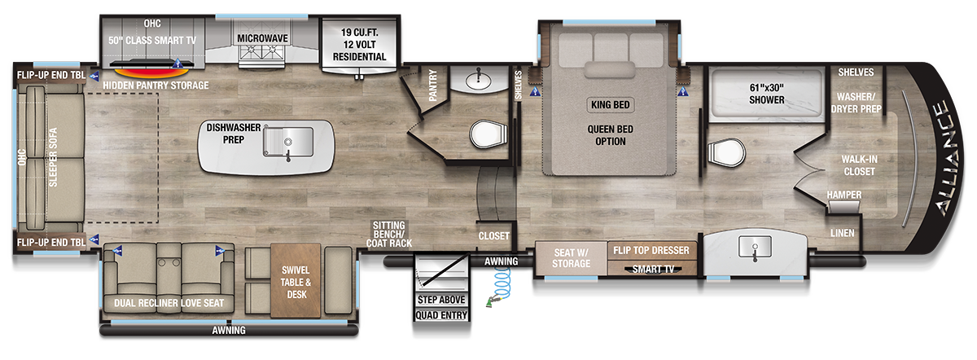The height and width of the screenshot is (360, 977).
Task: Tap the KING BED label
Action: coord(610,105)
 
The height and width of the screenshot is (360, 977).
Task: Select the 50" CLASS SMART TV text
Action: coord(152,38)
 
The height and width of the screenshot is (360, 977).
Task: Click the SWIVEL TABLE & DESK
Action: coord(296,282)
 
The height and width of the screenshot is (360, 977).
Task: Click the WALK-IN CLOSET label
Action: coord(859,165)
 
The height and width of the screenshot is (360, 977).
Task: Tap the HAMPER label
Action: coord(843,195)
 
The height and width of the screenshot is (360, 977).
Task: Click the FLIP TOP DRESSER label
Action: coord(652,250)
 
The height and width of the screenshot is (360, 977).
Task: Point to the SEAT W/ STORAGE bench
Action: coord(572,257)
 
